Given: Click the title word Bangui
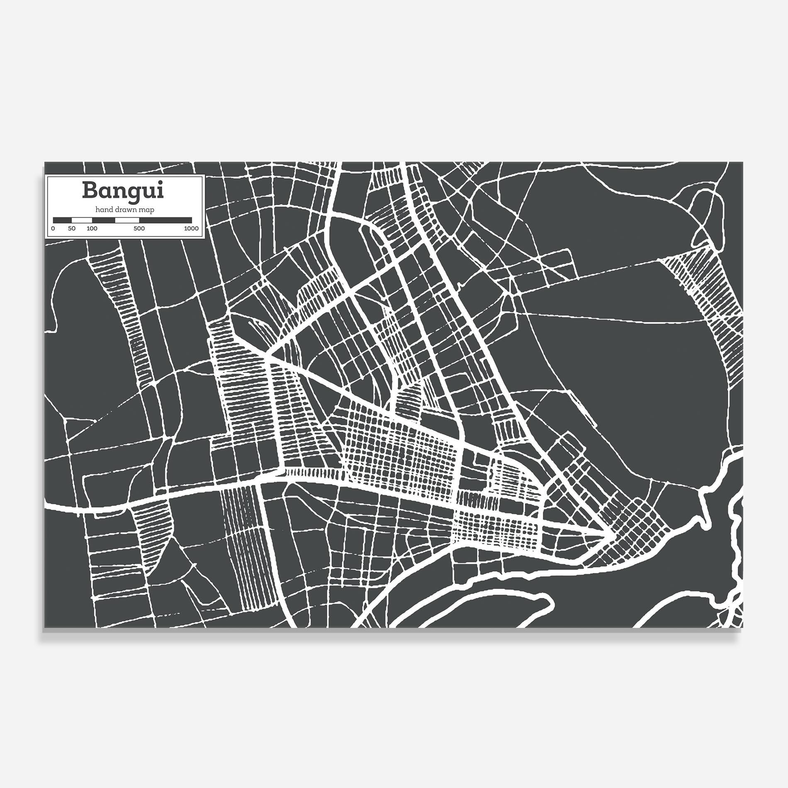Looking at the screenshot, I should coord(123,191).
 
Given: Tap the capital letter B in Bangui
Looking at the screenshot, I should coord(90,190).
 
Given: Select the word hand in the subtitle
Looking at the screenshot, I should coord(102,210).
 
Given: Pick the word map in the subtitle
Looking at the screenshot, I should coord(147,210).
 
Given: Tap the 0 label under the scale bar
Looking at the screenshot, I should coord(53,229).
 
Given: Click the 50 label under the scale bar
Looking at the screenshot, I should coord(72,229).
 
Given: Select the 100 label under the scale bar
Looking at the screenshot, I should coord(92,229).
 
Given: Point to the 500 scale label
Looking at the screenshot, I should coord(139,229).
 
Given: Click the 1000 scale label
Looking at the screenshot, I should coord(191,229).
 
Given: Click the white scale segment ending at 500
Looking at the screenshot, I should coord(127,220).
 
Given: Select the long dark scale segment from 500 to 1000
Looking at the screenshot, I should coord(165,220).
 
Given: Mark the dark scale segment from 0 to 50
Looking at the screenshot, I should coord(62,220).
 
